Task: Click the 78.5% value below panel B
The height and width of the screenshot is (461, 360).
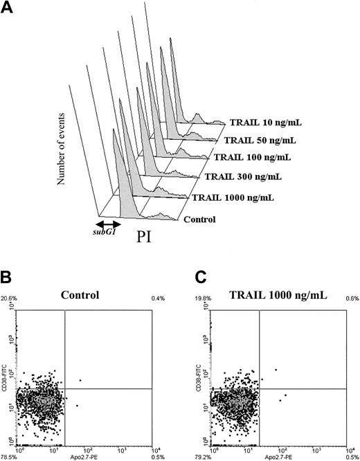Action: point(9,457)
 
